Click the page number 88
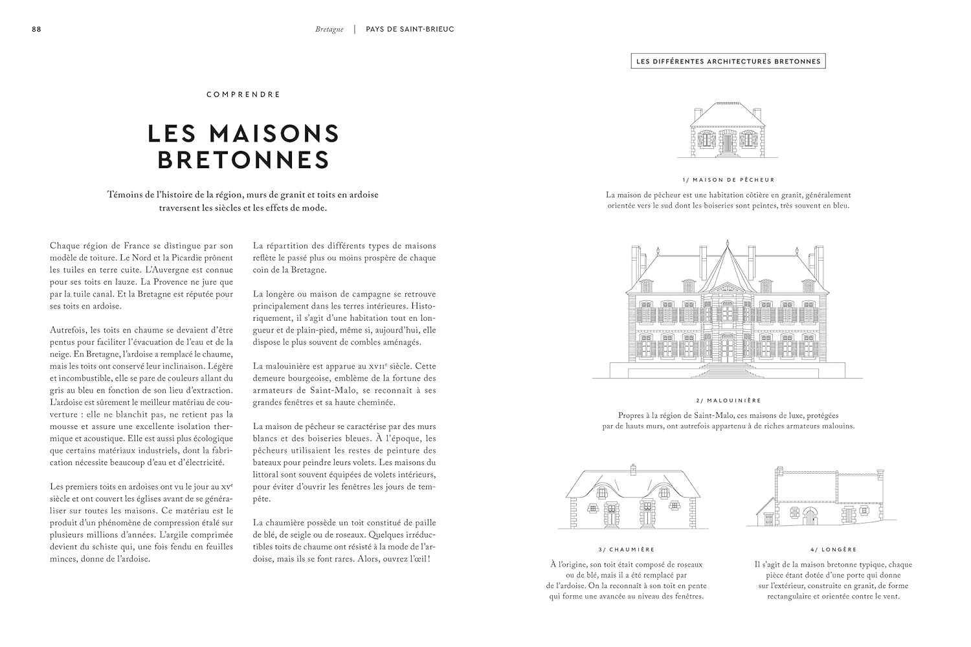[36, 30]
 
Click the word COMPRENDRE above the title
[243, 94]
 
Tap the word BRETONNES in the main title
[243, 160]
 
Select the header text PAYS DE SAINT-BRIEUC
[410, 30]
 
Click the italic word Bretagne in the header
[329, 30]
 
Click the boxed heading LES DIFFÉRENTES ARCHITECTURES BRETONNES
[728, 62]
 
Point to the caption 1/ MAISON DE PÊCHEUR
[728, 180]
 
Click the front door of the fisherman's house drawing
[728, 142]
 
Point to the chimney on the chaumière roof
[632, 467]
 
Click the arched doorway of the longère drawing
[809, 516]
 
